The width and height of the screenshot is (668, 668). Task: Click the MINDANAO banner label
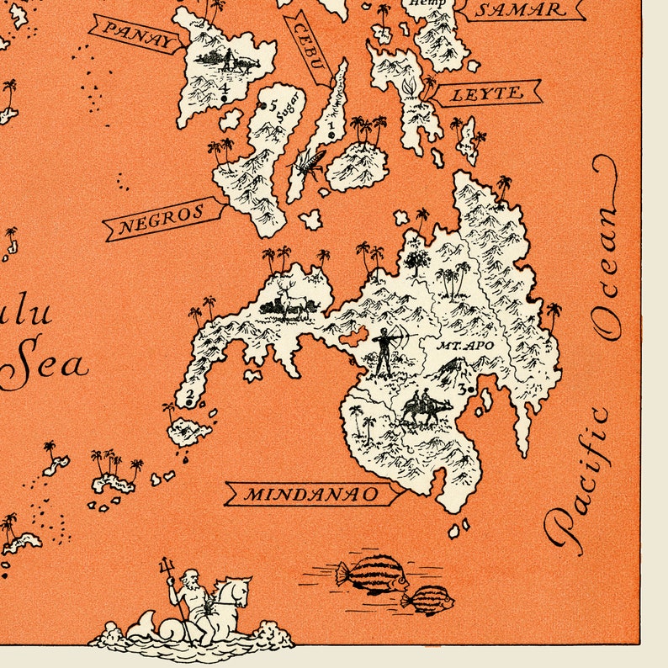point(311,494)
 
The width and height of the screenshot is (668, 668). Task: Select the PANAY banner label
point(135,34)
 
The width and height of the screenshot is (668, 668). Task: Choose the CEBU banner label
point(305,47)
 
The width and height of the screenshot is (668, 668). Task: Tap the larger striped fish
point(371,575)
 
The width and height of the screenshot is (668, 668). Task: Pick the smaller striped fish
point(428,600)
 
